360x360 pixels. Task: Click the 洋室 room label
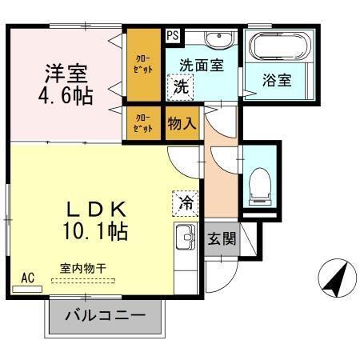pyautogui.click(x=66, y=74)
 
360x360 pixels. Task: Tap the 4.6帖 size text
pyautogui.click(x=66, y=97)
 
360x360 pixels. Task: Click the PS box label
pyautogui.click(x=173, y=36)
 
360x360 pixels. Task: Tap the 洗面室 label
pyautogui.click(x=201, y=66)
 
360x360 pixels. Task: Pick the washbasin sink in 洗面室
pyautogui.click(x=216, y=39)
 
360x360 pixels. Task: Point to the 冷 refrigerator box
pyautogui.click(x=185, y=203)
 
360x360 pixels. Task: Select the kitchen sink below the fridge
pyautogui.click(x=185, y=238)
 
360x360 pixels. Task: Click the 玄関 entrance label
pyautogui.click(x=221, y=238)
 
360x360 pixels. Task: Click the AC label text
pyautogui.click(x=28, y=278)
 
